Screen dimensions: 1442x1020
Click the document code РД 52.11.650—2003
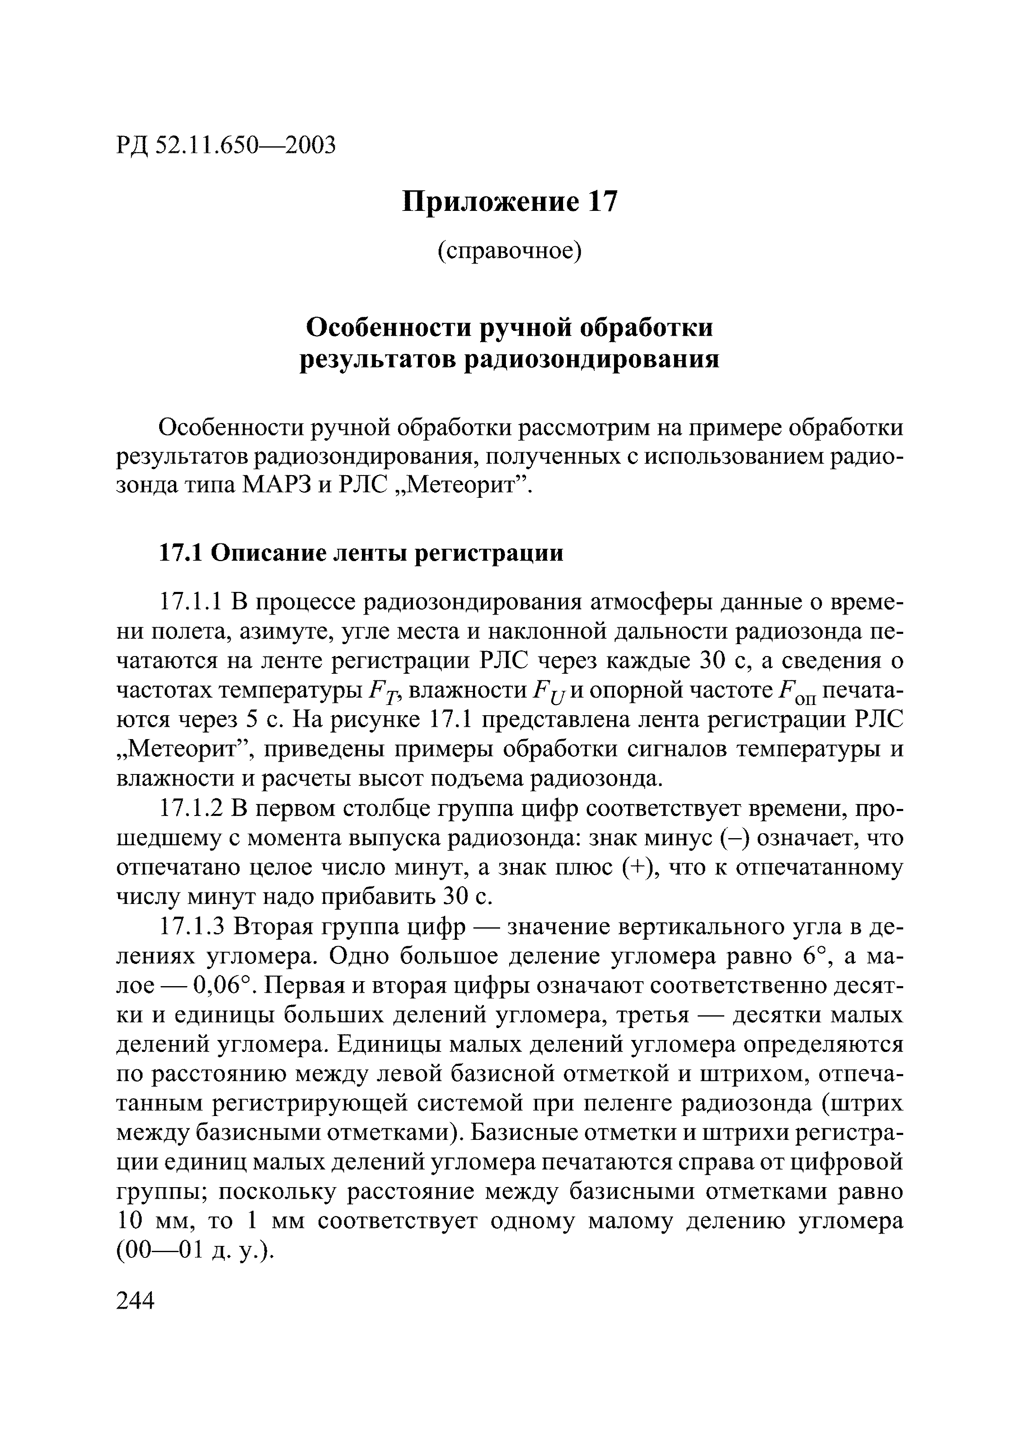pyautogui.click(x=226, y=145)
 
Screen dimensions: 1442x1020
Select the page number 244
pyautogui.click(x=136, y=1301)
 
